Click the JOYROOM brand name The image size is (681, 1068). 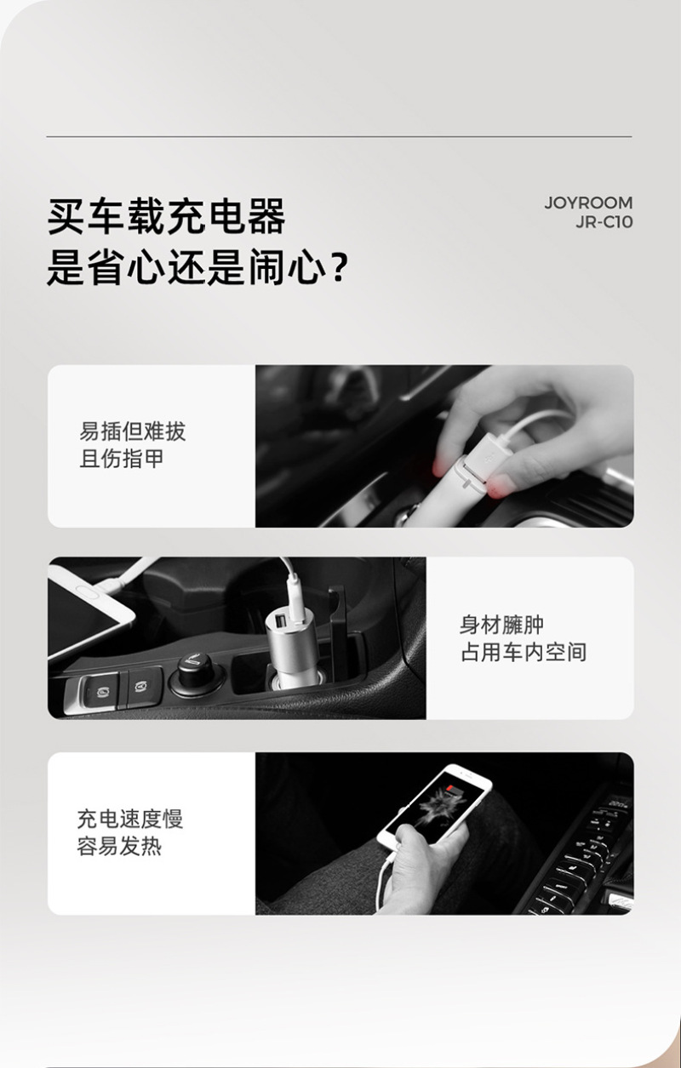pyautogui.click(x=588, y=203)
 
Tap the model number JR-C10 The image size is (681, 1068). pyautogui.click(x=604, y=222)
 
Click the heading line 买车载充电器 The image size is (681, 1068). pyautogui.click(x=167, y=216)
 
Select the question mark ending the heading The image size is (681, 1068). pyautogui.click(x=338, y=270)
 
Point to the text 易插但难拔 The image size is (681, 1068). pyautogui.click(x=132, y=431)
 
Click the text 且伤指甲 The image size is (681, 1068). pyautogui.click(x=121, y=459)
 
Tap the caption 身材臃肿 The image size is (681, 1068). pyautogui.click(x=501, y=625)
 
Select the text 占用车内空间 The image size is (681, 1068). pyautogui.click(x=524, y=652)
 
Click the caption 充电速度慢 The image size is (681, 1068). pyautogui.click(x=130, y=820)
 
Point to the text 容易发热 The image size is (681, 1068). pyautogui.click(x=119, y=846)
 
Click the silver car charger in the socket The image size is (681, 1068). pyautogui.click(x=291, y=648)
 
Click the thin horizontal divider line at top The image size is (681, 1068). pyautogui.click(x=339, y=137)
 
